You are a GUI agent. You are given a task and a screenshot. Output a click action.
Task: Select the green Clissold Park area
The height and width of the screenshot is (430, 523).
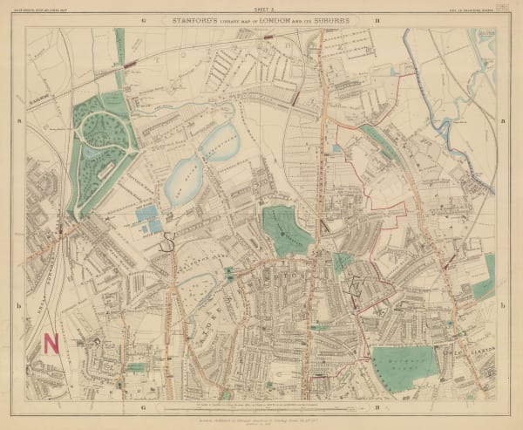pos(286,229)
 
